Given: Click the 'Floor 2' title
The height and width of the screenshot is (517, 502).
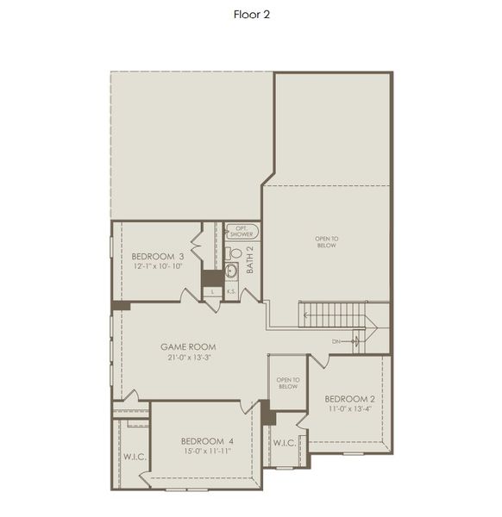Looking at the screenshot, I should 252,15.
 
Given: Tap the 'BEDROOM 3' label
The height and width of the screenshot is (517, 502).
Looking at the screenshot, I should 158,257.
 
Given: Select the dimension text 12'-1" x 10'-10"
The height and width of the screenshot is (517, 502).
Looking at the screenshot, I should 158,267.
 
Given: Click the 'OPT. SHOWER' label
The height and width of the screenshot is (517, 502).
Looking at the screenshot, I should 242,231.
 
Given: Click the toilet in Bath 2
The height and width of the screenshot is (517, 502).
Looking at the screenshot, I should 234,253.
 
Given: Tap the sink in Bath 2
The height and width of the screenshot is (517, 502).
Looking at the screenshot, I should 231,271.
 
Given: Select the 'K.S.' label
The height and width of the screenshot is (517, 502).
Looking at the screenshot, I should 231,292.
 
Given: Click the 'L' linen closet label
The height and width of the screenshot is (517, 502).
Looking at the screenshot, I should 213,292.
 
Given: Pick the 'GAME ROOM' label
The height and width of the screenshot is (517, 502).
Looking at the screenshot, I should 188,347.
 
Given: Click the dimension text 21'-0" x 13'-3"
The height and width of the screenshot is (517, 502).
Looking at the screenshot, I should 188,358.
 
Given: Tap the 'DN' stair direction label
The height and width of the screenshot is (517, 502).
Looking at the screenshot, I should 337,341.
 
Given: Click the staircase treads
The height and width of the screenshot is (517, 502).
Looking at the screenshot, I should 332,315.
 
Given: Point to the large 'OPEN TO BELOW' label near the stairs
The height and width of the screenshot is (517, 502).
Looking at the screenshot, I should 326,241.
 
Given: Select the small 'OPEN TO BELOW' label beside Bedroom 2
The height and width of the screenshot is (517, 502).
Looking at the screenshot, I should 288,383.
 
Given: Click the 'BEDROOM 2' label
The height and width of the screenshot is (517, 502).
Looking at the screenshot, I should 349,399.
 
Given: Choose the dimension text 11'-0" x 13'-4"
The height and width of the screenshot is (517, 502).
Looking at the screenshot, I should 349,409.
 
